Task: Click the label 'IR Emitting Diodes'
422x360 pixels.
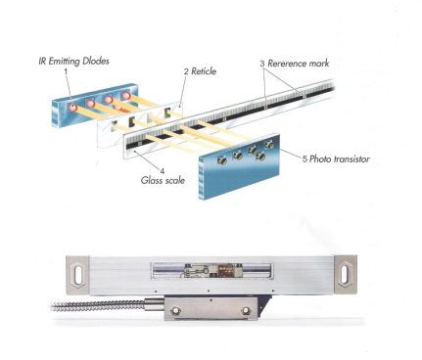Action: tap(73, 61)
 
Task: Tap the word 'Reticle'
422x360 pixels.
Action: tap(204, 71)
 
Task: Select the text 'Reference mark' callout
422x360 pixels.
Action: tap(299, 64)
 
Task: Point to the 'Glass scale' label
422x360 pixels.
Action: tap(163, 180)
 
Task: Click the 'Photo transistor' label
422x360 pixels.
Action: tap(340, 159)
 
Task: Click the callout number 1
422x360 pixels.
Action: tap(66, 70)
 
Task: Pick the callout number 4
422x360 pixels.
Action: tap(163, 171)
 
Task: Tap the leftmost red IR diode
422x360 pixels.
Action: tap(72, 107)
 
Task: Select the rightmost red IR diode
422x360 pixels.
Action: tap(126, 96)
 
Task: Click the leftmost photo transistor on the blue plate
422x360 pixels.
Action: tap(222, 159)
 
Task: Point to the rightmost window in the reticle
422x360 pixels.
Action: tap(167, 112)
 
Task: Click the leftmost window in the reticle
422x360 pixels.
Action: tap(115, 125)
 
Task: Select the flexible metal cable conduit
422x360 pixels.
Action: tap(98, 306)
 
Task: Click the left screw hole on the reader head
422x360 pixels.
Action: tap(175, 310)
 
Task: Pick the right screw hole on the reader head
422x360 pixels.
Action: tap(246, 310)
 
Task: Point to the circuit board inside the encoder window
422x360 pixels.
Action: tap(211, 270)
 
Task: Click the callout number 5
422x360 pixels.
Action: tap(305, 159)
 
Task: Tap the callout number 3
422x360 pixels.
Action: tap(262, 64)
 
